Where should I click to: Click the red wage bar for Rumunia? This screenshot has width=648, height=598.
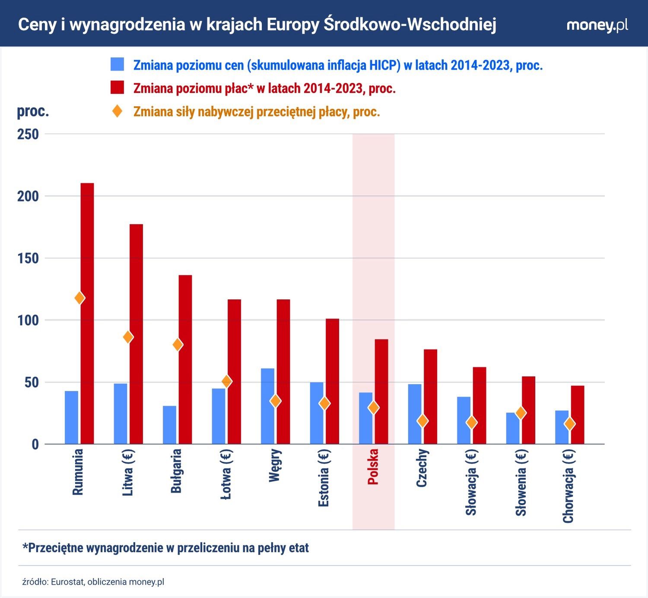point(87,313)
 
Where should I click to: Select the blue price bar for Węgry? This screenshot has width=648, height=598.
point(267,406)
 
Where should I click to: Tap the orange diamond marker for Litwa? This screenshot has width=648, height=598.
point(128,337)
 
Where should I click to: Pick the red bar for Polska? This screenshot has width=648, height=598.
point(381,391)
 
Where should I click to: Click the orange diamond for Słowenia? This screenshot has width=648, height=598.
point(521,413)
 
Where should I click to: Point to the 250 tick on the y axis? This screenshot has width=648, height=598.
point(28,134)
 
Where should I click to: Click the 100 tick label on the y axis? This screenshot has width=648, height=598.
point(28,321)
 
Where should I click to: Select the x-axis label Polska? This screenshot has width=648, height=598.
point(373,467)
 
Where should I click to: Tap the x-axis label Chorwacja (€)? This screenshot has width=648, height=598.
point(569,486)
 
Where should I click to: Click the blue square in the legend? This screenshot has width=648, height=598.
point(117,64)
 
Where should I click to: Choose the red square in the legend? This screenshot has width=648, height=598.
point(117,88)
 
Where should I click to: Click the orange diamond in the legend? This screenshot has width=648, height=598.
point(117,111)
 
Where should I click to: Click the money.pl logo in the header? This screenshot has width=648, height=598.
point(597,25)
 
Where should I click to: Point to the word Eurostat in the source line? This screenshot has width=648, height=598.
point(67,582)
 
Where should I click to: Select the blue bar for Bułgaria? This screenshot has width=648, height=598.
point(169,425)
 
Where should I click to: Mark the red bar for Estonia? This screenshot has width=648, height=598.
point(332,381)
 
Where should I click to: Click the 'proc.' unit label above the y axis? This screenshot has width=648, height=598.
point(33,111)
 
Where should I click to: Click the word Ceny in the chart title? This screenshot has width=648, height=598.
point(37,25)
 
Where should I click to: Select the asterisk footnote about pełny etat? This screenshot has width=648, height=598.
point(165,548)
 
